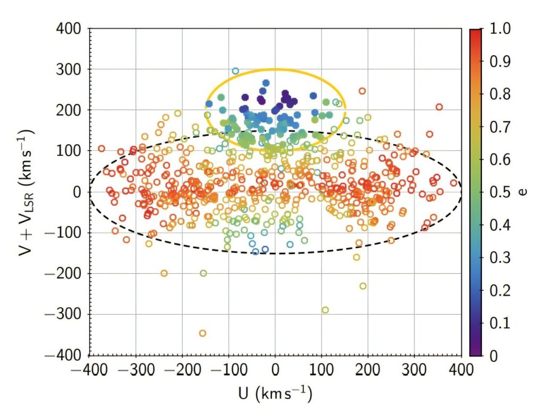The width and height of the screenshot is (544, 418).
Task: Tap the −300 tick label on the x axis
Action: point(135,369)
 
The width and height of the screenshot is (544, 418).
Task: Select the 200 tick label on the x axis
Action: point(368,369)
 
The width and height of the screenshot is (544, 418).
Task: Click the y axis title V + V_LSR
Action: point(23,191)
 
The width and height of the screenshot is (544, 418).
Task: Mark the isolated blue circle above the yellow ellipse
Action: point(235,71)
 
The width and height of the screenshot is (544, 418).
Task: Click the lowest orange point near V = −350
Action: point(202,333)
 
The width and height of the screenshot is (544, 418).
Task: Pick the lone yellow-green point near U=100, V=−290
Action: point(325,310)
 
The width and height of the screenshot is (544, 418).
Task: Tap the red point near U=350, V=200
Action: point(439,107)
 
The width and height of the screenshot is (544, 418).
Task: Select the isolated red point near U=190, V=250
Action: point(362,91)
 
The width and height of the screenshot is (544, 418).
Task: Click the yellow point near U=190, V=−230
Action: point(363,286)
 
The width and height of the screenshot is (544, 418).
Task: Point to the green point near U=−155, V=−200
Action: point(203,273)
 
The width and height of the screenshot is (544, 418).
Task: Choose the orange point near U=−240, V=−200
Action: point(164,273)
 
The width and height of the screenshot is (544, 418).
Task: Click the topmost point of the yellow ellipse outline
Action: point(275,69)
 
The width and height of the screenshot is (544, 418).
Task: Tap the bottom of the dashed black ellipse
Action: point(275,253)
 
